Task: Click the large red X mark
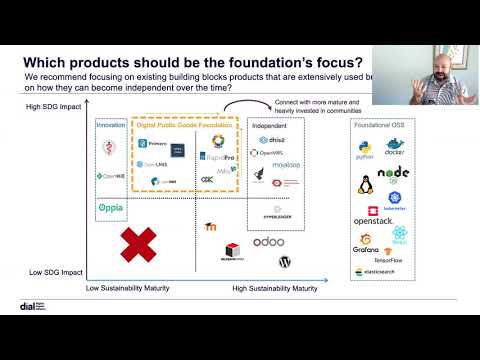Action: (x=138, y=244)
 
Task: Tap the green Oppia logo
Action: (x=111, y=209)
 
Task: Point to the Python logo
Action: (x=364, y=153)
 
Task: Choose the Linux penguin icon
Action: (x=365, y=185)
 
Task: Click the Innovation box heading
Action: (x=111, y=126)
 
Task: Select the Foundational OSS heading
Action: (x=381, y=126)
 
